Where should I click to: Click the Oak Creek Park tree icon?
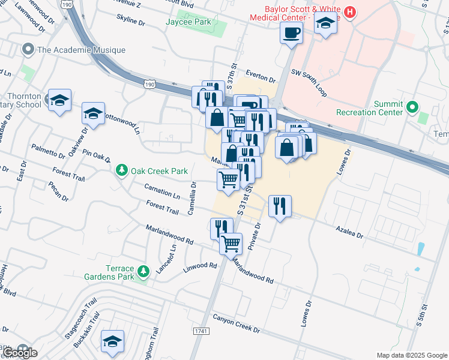pyautogui.click(x=122, y=171)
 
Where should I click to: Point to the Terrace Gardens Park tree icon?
pyautogui.click(x=143, y=272)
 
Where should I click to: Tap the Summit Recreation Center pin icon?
pyautogui.click(x=412, y=108)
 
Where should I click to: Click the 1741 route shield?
pyautogui.click(x=201, y=331)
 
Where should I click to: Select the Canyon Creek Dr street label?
pyautogui.click(x=235, y=326)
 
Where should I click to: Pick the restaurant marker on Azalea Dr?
pyautogui.click(x=280, y=207)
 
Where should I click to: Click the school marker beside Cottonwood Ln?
pyautogui.click(x=93, y=113)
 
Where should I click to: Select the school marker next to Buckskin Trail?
pyautogui.click(x=112, y=341)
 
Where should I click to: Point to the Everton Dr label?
pyautogui.click(x=259, y=79)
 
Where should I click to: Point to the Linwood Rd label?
pyautogui.click(x=200, y=265)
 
